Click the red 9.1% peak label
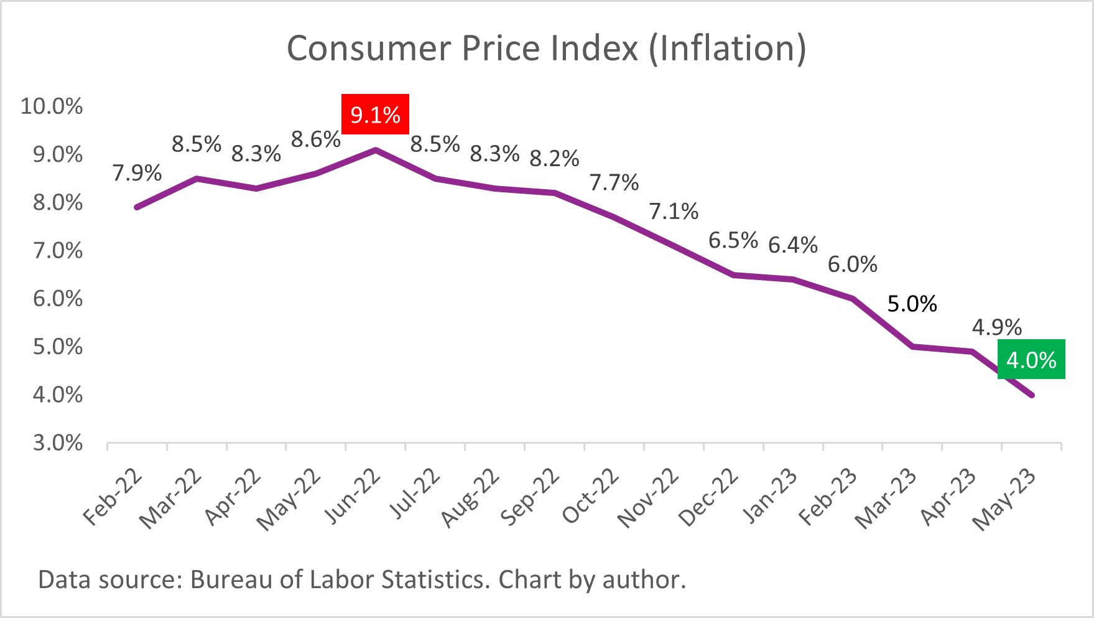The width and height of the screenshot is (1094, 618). pos(375,115)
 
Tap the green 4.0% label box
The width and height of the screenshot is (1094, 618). pos(1031,360)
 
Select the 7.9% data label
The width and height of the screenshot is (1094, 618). pos(137,173)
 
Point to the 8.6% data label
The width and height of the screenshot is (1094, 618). pos(315,140)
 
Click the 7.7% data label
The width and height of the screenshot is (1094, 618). pos(614,183)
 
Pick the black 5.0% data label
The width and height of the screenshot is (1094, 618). pos(912,304)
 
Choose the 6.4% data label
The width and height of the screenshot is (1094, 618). pos(792,245)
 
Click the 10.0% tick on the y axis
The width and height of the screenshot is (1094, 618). pos(52,106)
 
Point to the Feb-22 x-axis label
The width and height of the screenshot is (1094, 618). pos(113,497)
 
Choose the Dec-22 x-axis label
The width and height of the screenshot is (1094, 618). pos(708,498)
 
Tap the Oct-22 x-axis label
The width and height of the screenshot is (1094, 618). pos(591,496)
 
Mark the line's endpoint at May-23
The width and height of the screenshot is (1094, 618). pos(1032,395)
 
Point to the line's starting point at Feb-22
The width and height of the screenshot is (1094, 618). pos(137,207)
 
